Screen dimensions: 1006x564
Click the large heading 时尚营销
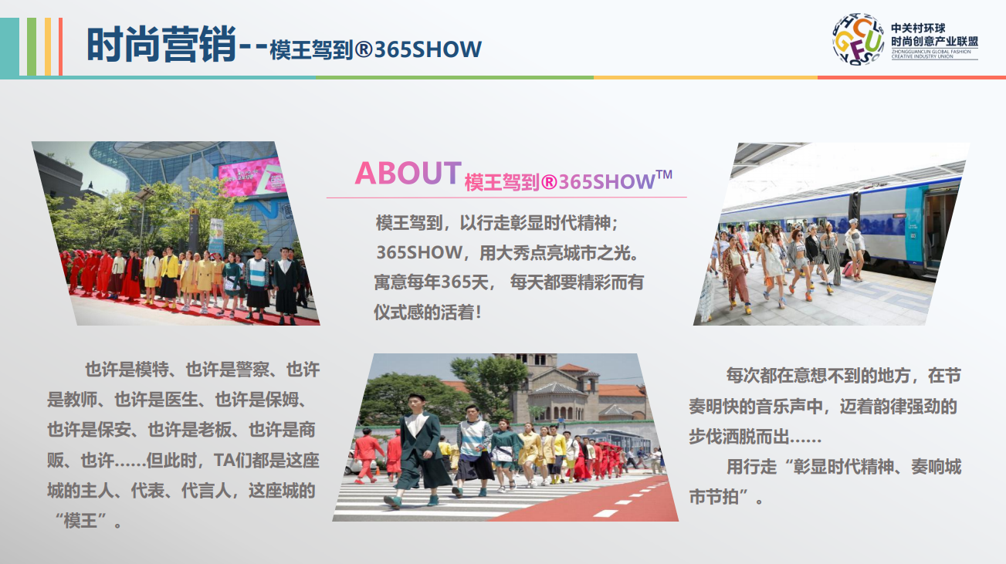tap(161, 45)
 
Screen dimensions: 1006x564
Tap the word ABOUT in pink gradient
tap(408, 173)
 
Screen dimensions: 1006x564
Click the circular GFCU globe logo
tap(859, 39)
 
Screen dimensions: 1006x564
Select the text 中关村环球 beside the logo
tap(918, 29)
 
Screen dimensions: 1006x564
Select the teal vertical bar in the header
tap(9, 46)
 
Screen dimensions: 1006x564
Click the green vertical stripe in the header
tap(32, 46)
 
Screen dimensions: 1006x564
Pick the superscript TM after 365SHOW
tap(664, 174)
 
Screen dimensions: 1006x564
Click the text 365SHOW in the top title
tap(428, 49)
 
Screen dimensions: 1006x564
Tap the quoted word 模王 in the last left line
tap(80, 521)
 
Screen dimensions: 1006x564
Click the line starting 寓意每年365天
tap(509, 282)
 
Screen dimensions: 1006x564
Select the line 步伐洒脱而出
tap(755, 437)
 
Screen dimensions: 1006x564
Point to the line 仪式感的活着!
tap(428, 312)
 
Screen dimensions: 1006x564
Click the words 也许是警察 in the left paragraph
tap(227, 370)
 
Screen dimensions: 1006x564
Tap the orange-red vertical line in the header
tap(61, 46)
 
